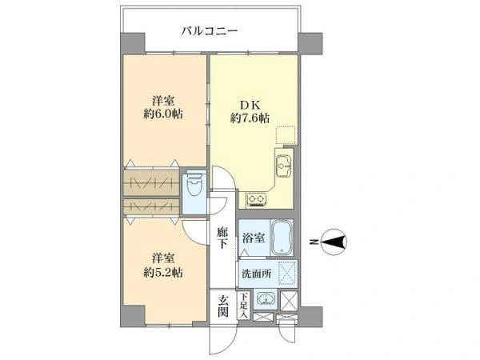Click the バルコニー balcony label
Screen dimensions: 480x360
209,31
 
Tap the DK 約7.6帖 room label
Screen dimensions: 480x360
250,111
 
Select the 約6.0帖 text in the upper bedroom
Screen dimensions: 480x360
163,114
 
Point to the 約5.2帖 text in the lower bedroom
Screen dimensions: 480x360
163,272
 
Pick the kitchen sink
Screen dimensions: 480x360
284,166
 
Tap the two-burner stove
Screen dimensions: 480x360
257,199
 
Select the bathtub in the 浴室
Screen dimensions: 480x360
282,238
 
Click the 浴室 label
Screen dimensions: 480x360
254,238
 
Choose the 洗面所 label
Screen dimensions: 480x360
257,274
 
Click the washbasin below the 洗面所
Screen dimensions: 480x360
266,298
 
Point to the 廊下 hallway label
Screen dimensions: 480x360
222,238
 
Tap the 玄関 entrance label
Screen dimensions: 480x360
223,306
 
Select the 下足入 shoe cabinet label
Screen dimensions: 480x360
244,305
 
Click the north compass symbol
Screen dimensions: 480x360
334,242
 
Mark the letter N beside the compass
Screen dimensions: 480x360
313,242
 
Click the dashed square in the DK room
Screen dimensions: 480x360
286,135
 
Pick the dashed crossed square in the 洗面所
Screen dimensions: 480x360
288,273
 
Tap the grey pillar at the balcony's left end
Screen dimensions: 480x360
132,43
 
